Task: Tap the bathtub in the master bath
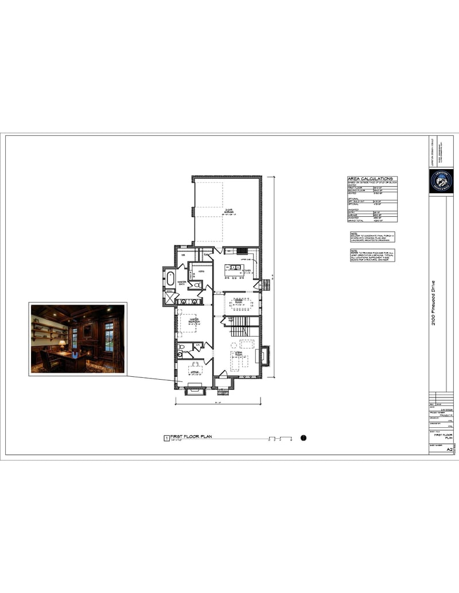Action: point(170,279)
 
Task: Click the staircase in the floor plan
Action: point(239,329)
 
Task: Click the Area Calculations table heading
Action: point(370,179)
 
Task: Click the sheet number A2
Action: point(449,450)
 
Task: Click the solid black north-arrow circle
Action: point(304,438)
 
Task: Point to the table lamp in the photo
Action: point(62,344)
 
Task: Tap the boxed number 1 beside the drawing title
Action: point(166,438)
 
